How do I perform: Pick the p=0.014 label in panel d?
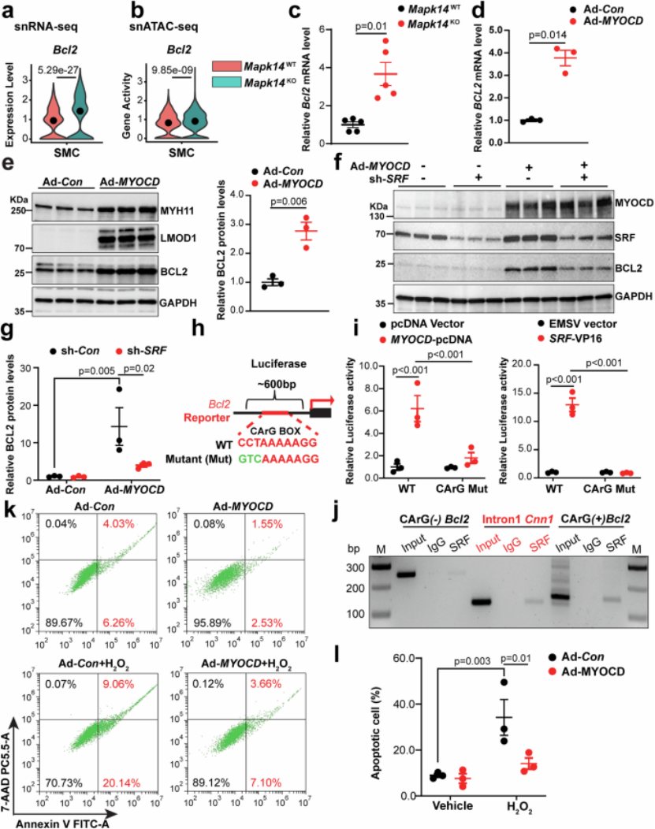[x=547, y=35]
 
